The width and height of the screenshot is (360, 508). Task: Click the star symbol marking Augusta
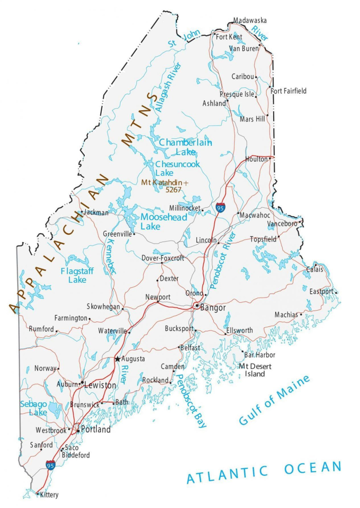[x=118, y=358]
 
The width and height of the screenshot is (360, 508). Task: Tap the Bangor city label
[x=213, y=308]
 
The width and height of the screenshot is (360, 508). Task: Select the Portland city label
[x=96, y=430]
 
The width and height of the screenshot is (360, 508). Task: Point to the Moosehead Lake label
[x=164, y=222]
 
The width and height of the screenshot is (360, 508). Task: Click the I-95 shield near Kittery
[x=50, y=465]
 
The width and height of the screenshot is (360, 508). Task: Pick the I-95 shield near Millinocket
[x=220, y=207]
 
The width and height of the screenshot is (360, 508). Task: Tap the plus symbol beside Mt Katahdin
[x=186, y=183]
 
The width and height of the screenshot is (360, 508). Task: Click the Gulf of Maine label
[x=274, y=400]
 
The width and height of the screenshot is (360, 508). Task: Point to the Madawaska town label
[x=249, y=20]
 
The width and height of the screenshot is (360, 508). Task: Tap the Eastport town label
[x=322, y=291]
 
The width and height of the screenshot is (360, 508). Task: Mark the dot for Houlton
[x=270, y=159]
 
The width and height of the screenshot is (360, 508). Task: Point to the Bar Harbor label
[x=260, y=355]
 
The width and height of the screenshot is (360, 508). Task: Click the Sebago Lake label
[x=34, y=408]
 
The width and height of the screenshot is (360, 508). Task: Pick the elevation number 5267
[x=174, y=190]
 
